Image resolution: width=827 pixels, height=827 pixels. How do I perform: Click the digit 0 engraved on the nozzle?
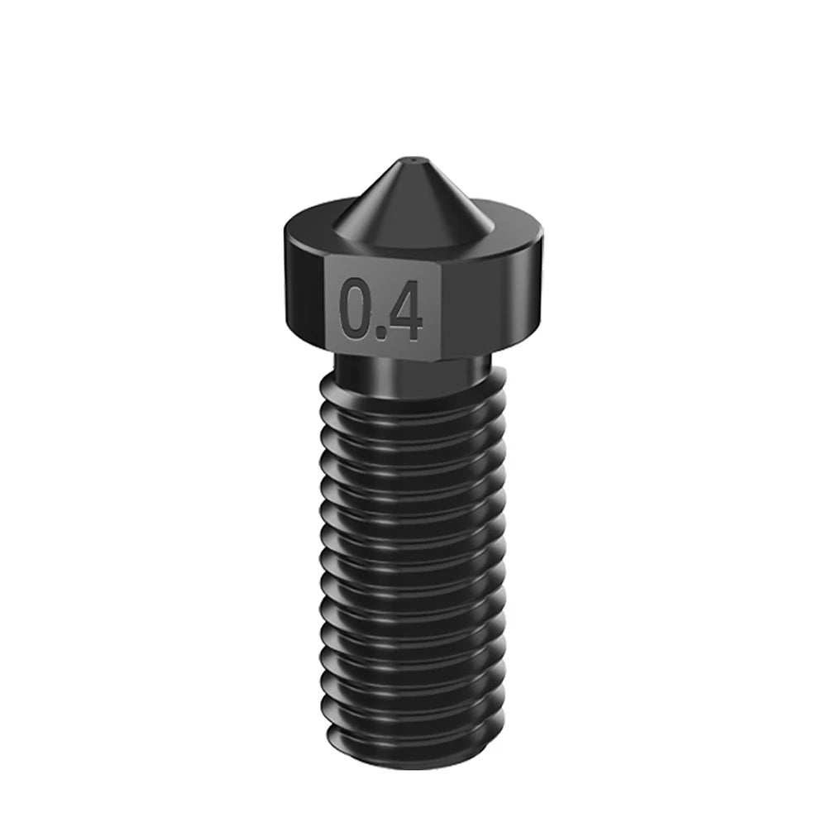tap(355, 310)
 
